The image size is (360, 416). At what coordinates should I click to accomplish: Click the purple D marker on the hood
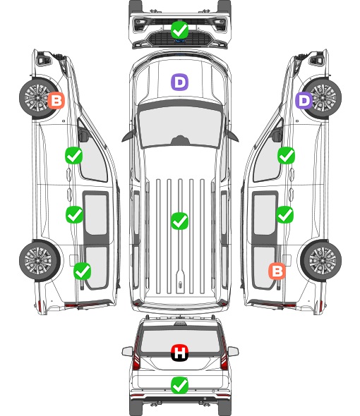[179, 82]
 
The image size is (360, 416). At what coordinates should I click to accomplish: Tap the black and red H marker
[179, 353]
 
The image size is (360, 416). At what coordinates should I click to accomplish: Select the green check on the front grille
[179, 30]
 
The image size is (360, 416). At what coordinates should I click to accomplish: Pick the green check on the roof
[179, 221]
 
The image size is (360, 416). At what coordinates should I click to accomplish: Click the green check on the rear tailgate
[179, 385]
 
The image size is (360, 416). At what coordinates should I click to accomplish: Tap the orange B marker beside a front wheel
[56, 101]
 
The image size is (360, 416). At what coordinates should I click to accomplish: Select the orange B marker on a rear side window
[277, 271]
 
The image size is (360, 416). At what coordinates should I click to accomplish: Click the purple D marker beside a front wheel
[304, 101]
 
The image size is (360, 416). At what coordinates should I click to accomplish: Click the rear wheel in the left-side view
[40, 260]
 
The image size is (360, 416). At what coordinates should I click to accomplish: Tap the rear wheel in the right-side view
[321, 260]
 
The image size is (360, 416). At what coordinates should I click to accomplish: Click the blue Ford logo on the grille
[179, 41]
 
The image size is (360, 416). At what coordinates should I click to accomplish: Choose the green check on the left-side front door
[74, 155]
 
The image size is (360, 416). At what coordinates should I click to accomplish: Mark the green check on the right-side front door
[286, 155]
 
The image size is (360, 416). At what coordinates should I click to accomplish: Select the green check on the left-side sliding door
[74, 214]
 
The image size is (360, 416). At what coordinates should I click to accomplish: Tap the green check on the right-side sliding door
[284, 214]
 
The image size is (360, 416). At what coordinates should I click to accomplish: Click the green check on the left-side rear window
[83, 271]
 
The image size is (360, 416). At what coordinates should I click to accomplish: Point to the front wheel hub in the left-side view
[37, 97]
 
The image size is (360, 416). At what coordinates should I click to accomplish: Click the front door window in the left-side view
[92, 157]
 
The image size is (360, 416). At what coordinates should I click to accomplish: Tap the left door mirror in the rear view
[127, 352]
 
